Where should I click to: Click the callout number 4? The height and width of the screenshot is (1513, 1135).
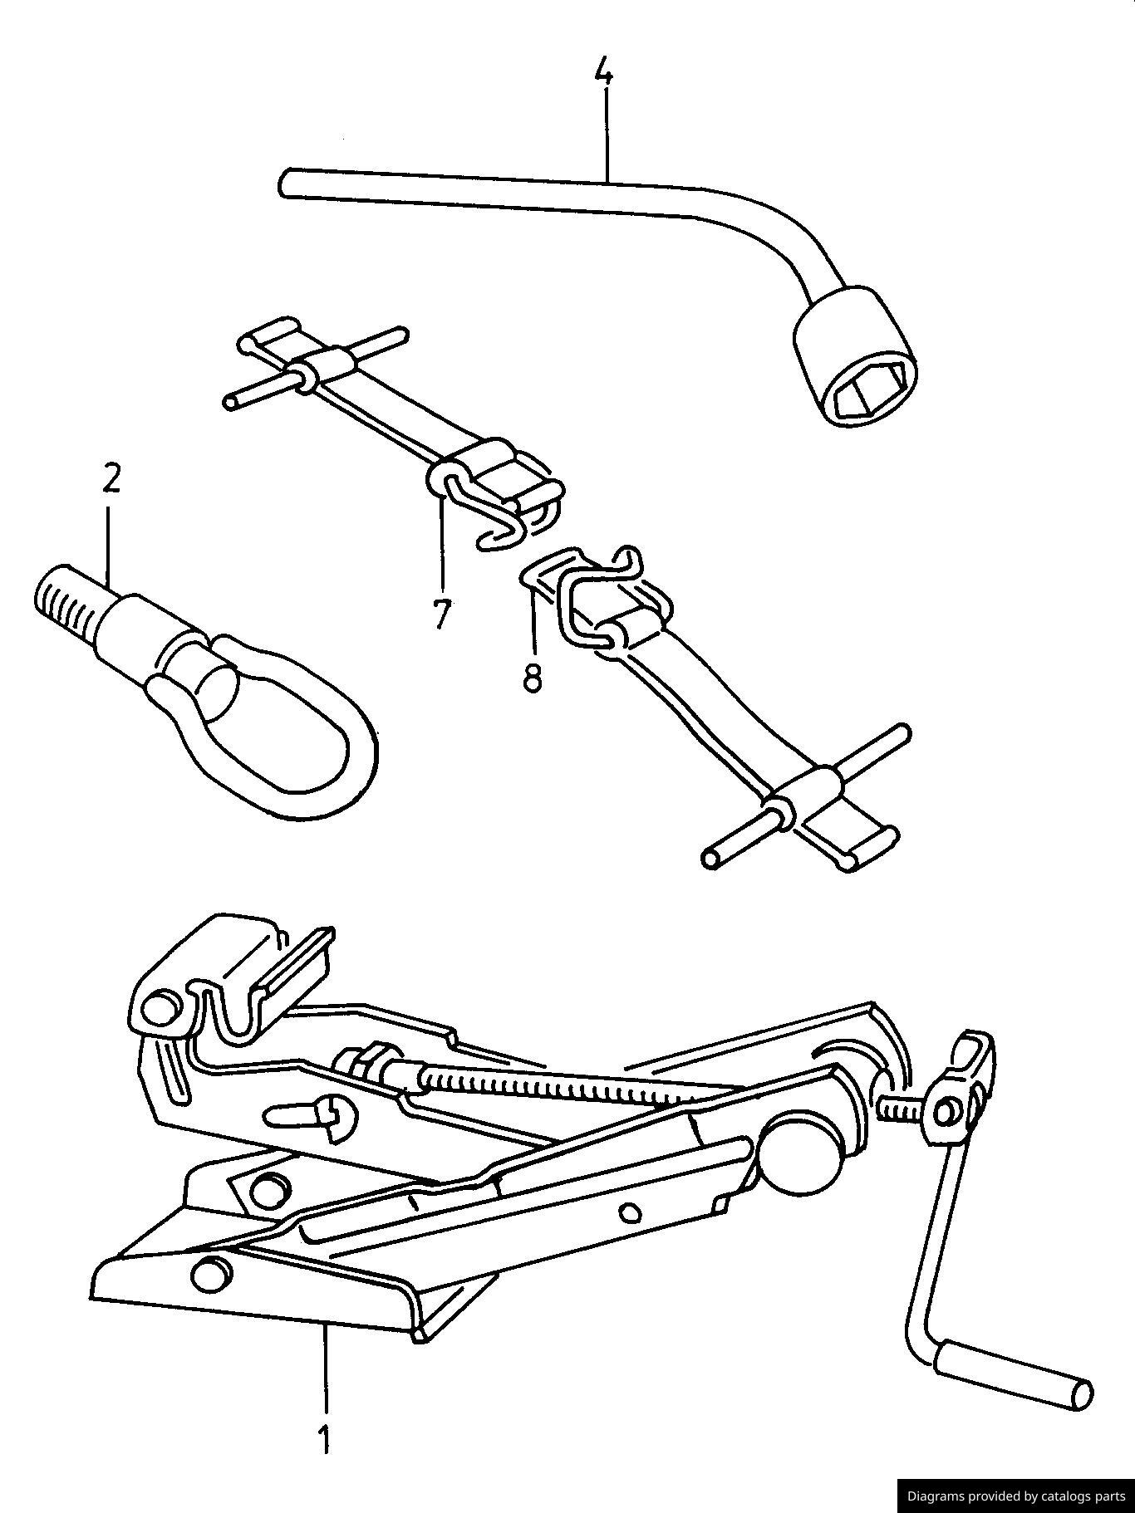tap(604, 73)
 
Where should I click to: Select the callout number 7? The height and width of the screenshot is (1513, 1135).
tap(440, 614)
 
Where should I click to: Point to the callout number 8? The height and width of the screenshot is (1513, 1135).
tap(532, 677)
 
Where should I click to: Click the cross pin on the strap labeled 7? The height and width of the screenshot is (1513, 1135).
tap(316, 367)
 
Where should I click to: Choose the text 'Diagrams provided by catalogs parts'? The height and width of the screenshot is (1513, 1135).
tap(1015, 1496)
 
